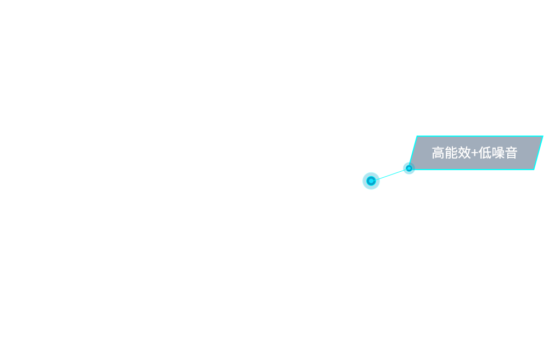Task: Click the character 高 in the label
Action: [x=438, y=153]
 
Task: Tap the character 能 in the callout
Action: [x=451, y=153]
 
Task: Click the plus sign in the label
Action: [x=474, y=153]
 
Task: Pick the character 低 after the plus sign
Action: [x=485, y=153]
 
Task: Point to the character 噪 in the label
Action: [x=497, y=153]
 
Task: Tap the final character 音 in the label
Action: [x=511, y=153]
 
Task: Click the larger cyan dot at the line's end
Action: [x=371, y=181]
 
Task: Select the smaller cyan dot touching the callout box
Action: [x=409, y=168]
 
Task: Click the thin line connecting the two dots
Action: [x=390, y=175]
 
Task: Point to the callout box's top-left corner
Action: [x=417, y=136]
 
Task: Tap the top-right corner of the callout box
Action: [x=543, y=136]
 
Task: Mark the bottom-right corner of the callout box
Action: [x=534, y=170]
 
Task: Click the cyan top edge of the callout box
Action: [x=480, y=136]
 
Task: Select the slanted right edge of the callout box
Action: [x=539, y=153]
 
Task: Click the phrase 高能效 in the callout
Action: [x=451, y=153]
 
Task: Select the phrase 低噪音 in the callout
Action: [x=497, y=153]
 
